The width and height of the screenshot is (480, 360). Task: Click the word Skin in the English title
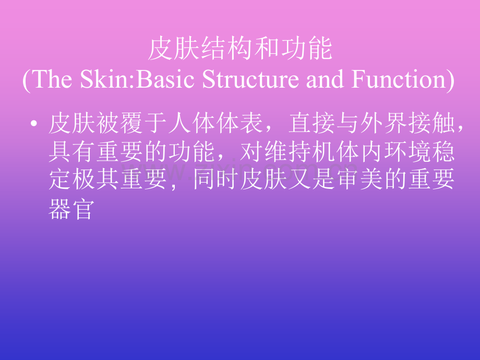point(105,79)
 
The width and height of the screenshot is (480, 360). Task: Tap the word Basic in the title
point(165,79)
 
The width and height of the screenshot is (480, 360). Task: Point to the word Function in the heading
point(399,79)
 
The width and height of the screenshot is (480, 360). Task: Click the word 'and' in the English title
point(325,79)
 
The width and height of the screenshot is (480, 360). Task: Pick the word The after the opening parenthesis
point(52,79)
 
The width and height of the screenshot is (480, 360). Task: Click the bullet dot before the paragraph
point(34,124)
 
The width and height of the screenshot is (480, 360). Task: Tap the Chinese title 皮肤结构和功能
point(241,49)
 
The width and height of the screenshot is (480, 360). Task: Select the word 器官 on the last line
point(71,209)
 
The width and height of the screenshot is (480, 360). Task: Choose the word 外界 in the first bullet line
point(385,123)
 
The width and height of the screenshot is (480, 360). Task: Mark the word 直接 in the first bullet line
point(312,123)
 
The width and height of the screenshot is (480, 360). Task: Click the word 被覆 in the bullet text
point(120,123)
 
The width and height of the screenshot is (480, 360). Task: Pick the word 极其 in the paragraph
point(96,179)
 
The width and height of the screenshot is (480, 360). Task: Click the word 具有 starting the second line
point(71,151)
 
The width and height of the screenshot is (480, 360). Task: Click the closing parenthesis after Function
point(451,80)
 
